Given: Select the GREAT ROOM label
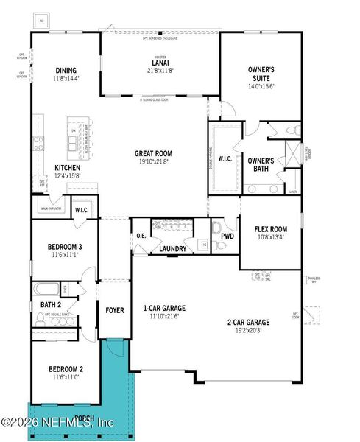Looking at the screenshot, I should [x=153, y=154].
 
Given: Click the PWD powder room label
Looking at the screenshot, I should [x=227, y=236].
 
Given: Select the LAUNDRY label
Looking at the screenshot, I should [x=173, y=249].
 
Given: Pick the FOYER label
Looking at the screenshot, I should [x=114, y=310].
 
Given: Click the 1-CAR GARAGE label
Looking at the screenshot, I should [x=163, y=308].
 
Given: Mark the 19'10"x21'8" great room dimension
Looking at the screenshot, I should [x=153, y=161].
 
